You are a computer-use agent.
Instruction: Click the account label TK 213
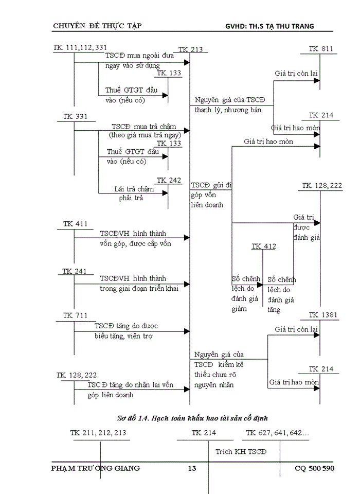(190, 50)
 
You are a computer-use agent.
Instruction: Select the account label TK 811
(321, 49)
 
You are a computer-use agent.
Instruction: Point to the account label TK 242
(169, 180)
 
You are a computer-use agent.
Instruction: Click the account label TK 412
(263, 246)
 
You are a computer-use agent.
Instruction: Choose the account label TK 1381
(320, 315)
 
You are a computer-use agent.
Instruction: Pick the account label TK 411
(75, 224)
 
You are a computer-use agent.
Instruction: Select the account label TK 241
(75, 271)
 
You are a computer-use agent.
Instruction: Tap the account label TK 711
(75, 315)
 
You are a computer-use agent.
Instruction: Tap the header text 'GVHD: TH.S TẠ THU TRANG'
(269, 26)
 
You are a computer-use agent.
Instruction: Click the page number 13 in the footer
(192, 469)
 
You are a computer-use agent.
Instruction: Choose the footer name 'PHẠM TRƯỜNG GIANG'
(96, 469)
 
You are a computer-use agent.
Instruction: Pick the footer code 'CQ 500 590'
(314, 469)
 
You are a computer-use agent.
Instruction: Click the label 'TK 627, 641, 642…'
(277, 433)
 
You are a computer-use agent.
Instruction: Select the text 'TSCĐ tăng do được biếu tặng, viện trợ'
(127, 331)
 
